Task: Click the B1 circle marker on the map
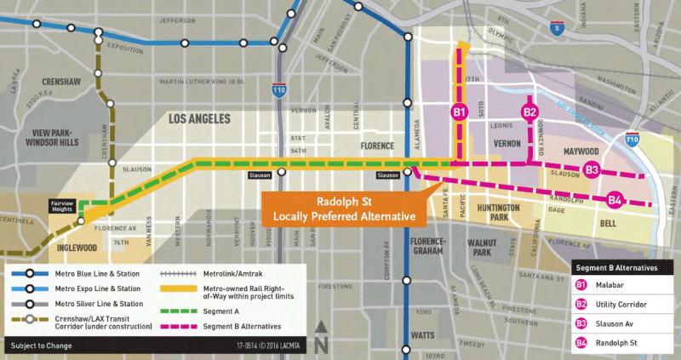point(459,111)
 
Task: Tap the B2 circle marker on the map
point(529,111)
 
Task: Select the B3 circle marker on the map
point(592,170)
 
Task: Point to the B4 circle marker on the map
point(615,201)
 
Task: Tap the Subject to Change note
point(43,346)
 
